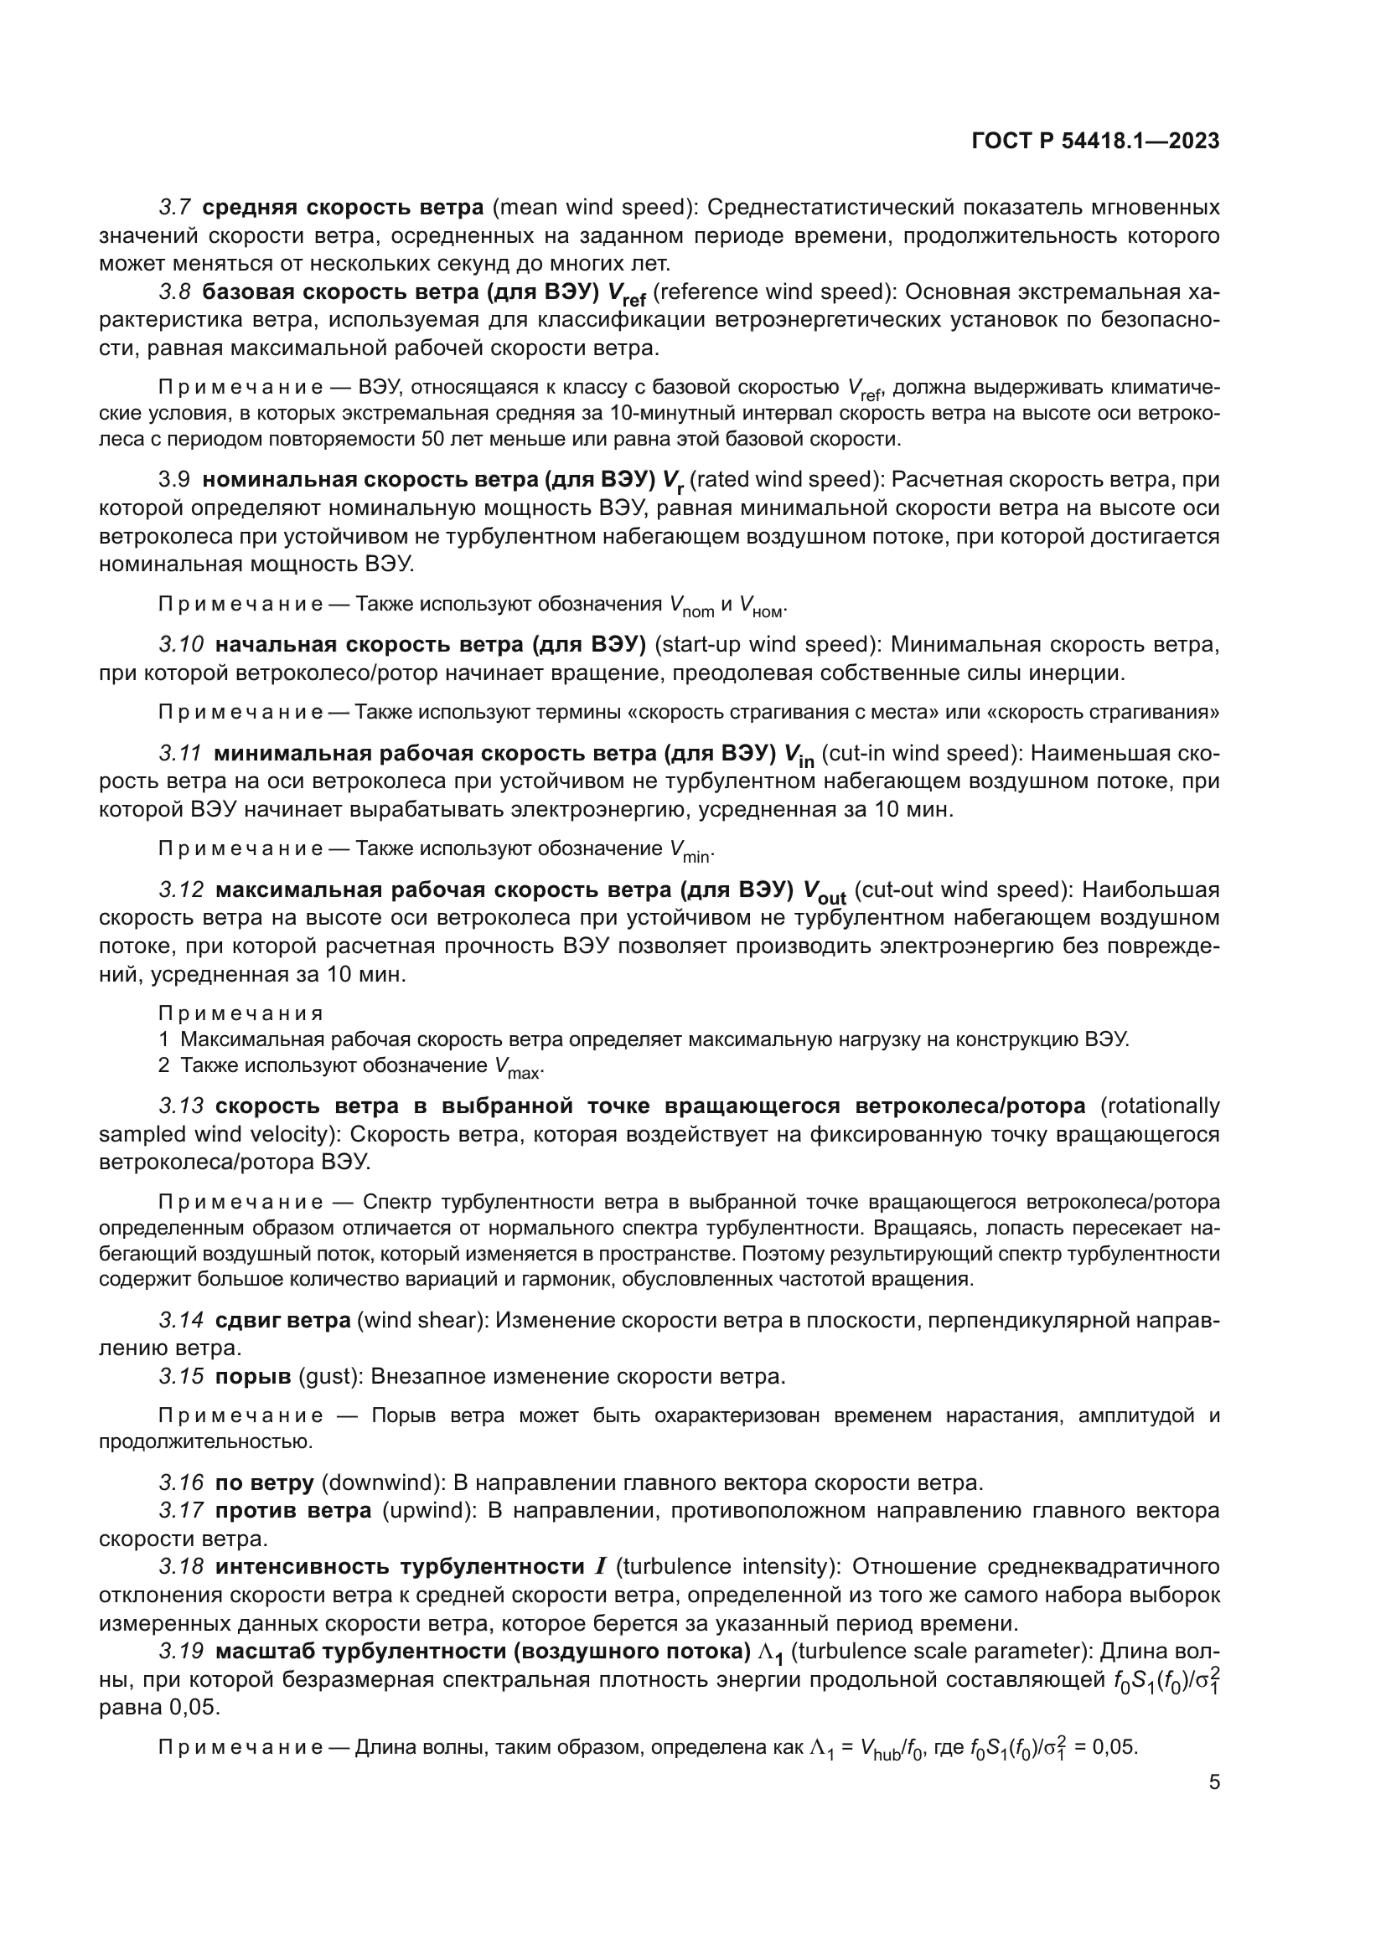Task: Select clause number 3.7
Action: (175, 208)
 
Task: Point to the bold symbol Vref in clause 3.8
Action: (626, 294)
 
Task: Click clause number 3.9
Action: (174, 481)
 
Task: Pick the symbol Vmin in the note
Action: (690, 851)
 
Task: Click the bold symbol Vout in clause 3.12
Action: (824, 893)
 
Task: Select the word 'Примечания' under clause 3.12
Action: (240, 1013)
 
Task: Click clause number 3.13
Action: (181, 1106)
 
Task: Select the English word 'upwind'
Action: (427, 1511)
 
